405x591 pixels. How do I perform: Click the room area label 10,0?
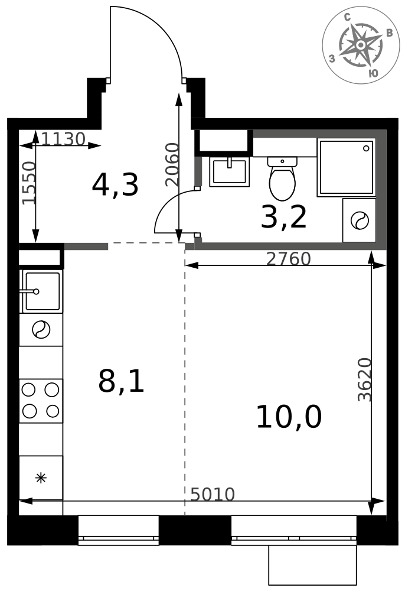click(289, 417)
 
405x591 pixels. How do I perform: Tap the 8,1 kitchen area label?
click(121, 381)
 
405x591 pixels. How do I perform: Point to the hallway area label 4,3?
click(115, 185)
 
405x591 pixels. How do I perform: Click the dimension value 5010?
click(213, 494)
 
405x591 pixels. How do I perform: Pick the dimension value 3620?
click(364, 379)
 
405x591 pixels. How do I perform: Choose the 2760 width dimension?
click(288, 259)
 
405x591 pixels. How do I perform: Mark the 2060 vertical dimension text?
click(172, 164)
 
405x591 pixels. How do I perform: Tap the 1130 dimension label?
click(63, 139)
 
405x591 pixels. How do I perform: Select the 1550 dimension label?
click(28, 183)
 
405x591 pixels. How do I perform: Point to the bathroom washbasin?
click(230, 172)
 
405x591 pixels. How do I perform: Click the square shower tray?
click(347, 167)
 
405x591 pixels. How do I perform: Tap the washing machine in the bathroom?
click(359, 220)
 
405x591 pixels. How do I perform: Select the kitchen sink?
click(41, 291)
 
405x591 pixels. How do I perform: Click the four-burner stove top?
click(41, 401)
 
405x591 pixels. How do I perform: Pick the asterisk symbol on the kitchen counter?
click(41, 478)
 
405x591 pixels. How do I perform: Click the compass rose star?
click(361, 45)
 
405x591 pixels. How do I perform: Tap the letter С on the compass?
click(347, 17)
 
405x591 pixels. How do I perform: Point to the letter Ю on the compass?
click(373, 73)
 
